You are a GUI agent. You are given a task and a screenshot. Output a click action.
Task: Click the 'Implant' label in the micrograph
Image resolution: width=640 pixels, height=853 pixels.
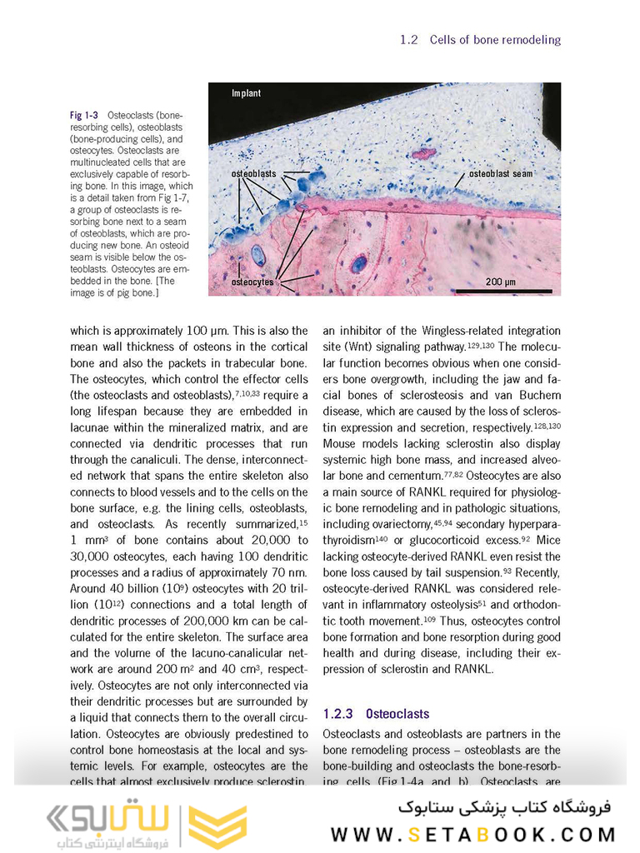tap(246, 93)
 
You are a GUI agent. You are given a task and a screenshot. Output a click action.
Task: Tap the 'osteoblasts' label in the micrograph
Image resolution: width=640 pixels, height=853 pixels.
tap(254, 173)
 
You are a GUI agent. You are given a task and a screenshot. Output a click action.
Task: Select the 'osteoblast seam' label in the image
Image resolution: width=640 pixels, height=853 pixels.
tap(500, 174)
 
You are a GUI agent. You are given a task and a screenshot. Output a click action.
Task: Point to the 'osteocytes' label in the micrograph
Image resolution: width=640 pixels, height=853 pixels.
tap(252, 282)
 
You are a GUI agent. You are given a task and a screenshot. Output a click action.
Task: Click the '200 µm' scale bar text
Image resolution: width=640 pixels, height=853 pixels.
tap(501, 282)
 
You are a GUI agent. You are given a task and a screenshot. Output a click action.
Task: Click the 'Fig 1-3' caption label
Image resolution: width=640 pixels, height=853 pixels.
tap(84, 116)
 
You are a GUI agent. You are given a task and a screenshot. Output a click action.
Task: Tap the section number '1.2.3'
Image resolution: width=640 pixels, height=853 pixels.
tap(338, 714)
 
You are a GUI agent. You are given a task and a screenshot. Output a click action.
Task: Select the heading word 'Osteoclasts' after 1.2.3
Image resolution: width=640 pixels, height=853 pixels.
tap(397, 714)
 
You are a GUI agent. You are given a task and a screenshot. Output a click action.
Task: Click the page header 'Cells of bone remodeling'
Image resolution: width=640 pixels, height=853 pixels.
tap(495, 39)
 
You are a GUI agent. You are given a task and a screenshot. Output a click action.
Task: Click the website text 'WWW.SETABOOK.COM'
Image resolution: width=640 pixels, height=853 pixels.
tap(473, 834)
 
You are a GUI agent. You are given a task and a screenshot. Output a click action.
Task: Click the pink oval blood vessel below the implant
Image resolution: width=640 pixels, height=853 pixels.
tap(424, 153)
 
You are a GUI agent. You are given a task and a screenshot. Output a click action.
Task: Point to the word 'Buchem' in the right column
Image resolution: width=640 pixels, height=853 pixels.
tap(540, 396)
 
